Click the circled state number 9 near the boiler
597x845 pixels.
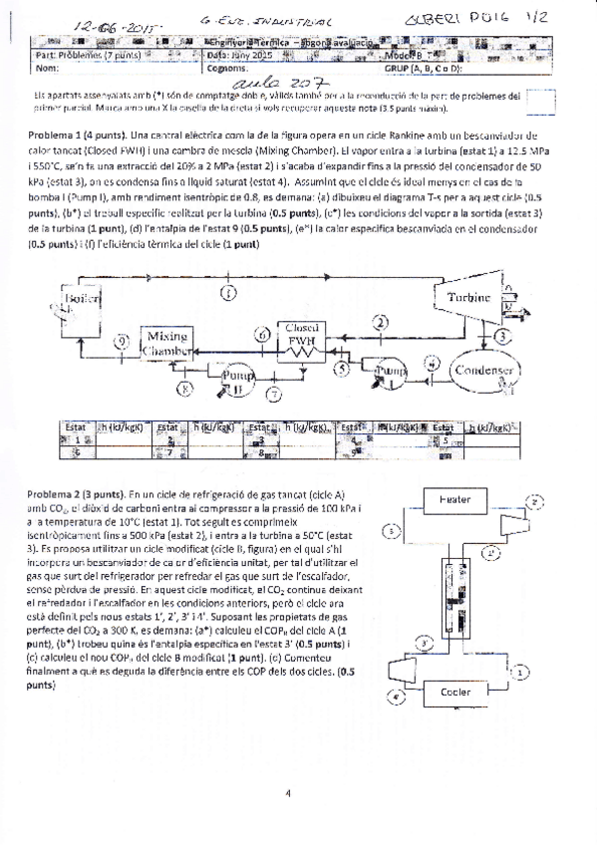pyautogui.click(x=122, y=342)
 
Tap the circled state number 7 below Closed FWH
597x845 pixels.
pyautogui.click(x=275, y=395)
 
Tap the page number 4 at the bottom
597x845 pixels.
pyautogui.click(x=287, y=793)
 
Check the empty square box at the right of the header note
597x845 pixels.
pyautogui.click(x=542, y=102)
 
